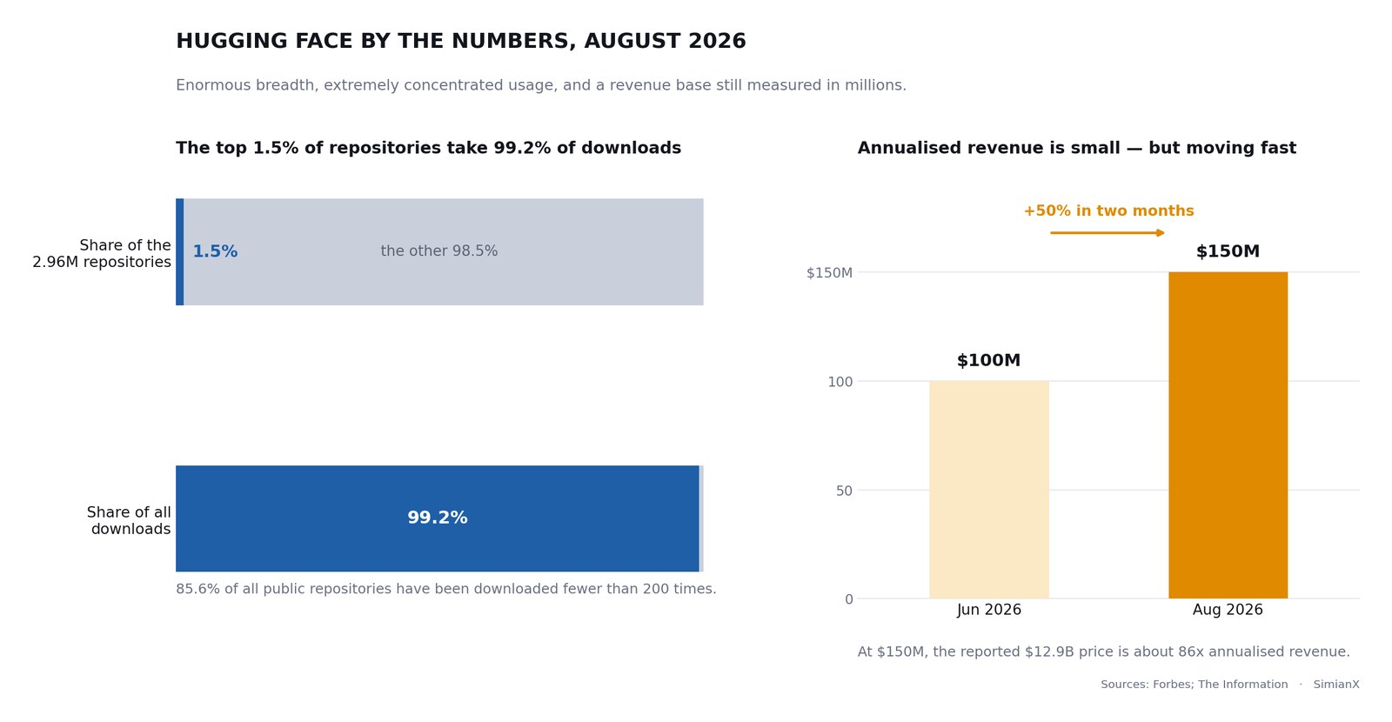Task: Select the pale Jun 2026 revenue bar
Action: tap(988, 490)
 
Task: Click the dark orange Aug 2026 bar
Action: tap(1228, 435)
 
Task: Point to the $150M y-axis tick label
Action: tap(829, 273)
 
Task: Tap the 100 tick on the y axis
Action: tap(840, 382)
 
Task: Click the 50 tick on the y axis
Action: tap(844, 491)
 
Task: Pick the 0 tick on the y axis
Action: tap(848, 599)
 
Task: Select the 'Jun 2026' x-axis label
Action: tap(988, 610)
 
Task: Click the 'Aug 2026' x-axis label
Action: tap(1228, 610)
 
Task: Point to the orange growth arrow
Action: tap(1108, 233)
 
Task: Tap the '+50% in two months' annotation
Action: tap(1108, 211)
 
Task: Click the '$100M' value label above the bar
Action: tap(988, 360)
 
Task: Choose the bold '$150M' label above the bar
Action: tap(1228, 251)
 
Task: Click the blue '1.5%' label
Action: tap(215, 251)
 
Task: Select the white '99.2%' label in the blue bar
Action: tap(438, 518)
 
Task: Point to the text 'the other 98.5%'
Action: tap(439, 251)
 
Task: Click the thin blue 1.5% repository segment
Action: tap(179, 251)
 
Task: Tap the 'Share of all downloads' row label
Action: tap(129, 521)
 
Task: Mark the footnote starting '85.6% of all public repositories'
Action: tap(446, 589)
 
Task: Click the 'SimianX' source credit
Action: tap(1336, 685)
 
